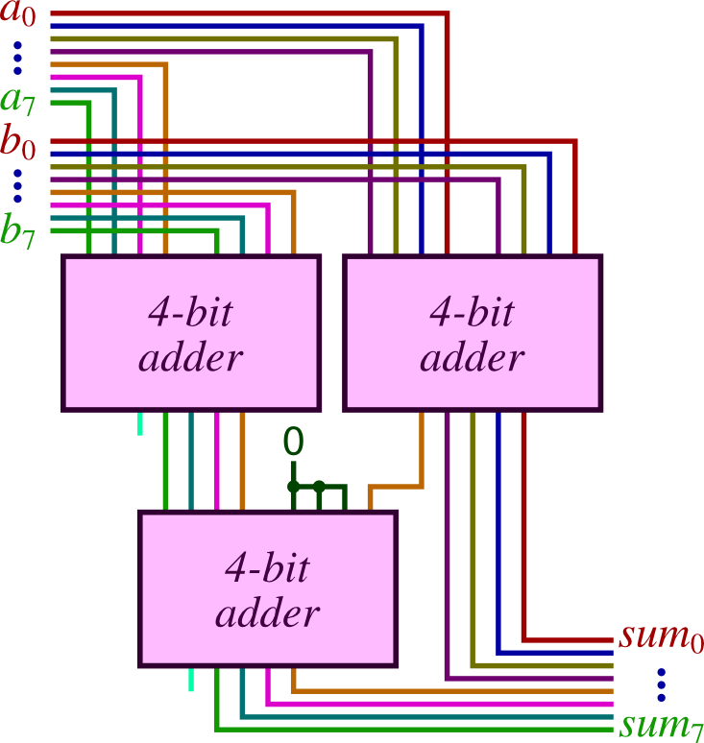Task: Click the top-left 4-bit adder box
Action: point(190,333)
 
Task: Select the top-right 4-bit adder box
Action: point(473,333)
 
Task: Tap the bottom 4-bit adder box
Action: point(267,588)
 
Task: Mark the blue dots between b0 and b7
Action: point(17,186)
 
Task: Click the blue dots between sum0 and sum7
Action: point(661,683)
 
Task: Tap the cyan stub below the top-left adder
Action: point(140,422)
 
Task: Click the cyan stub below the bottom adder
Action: point(191,679)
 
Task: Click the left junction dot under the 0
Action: point(293,486)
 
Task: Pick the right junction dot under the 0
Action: point(320,486)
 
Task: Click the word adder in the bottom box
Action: point(267,613)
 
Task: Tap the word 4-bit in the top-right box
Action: point(473,312)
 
